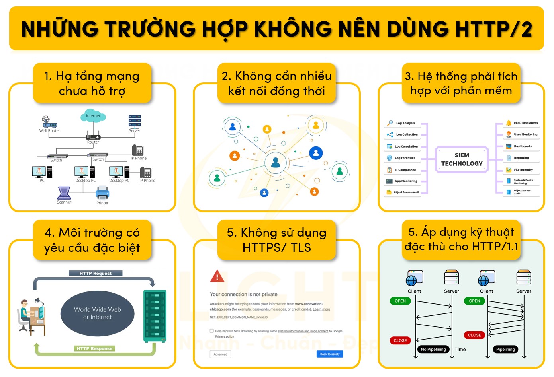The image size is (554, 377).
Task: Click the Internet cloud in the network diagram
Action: click(93, 116)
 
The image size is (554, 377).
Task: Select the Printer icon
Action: click(102, 194)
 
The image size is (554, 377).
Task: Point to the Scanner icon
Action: click(64, 193)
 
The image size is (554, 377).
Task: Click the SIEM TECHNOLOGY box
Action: click(462, 159)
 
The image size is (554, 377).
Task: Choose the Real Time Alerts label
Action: click(525, 123)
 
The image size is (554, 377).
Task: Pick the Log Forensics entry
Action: click(405, 158)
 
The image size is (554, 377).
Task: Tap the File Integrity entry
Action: click(523, 170)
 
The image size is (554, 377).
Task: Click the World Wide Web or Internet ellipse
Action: click(98, 313)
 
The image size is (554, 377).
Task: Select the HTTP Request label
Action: click(95, 273)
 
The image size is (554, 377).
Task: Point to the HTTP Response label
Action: click(94, 348)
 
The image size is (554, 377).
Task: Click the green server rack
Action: click(155, 316)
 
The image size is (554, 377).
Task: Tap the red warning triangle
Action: click(217, 276)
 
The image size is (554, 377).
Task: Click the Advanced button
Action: click(220, 354)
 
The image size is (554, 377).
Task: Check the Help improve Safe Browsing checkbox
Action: click(212, 331)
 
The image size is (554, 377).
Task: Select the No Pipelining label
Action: click(433, 349)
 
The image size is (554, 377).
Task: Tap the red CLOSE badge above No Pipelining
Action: click(400, 340)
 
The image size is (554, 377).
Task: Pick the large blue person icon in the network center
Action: click(276, 163)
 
